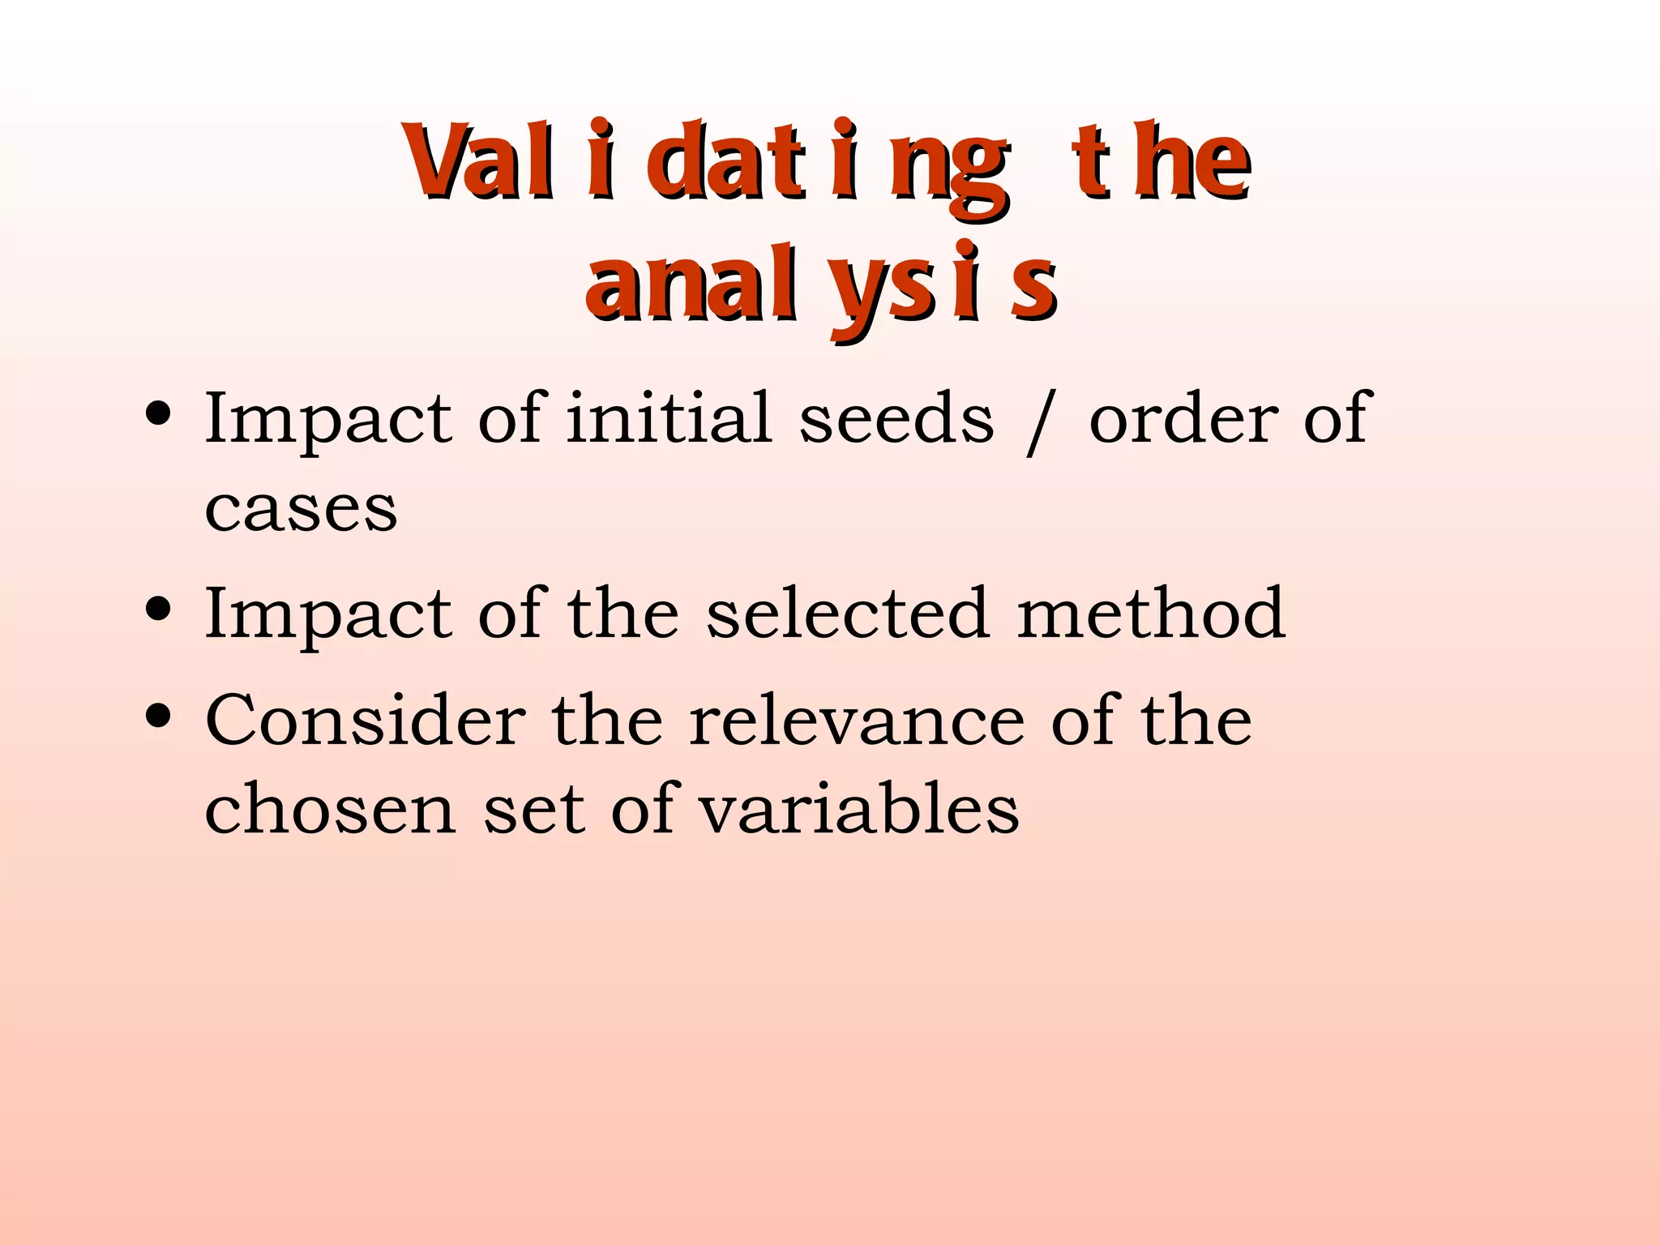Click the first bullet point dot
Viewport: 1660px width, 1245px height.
pyautogui.click(x=158, y=414)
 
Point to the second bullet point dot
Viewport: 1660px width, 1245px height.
pyautogui.click(x=158, y=609)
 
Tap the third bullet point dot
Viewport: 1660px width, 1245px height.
pyautogui.click(x=158, y=717)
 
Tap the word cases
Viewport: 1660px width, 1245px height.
pyautogui.click(x=301, y=511)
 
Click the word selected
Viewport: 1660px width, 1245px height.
pyautogui.click(x=847, y=614)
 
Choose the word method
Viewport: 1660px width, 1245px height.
pyautogui.click(x=1151, y=614)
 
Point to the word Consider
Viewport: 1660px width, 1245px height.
pyautogui.click(x=366, y=721)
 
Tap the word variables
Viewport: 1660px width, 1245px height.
pyautogui.click(x=858, y=809)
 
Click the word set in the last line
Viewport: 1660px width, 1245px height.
pyautogui.click(x=534, y=809)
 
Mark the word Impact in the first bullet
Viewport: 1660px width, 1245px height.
pyautogui.click(x=327, y=420)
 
